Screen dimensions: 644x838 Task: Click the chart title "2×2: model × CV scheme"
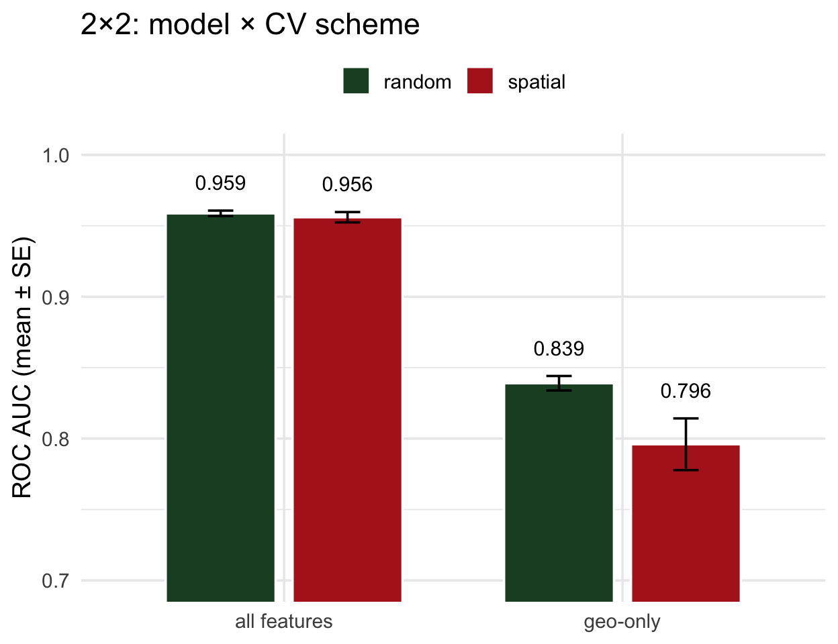pos(250,25)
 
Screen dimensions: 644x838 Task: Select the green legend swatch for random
pos(356,81)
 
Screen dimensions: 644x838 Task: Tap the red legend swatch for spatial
pos(480,81)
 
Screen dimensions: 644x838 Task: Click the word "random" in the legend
pos(417,83)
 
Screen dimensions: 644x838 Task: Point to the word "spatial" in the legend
pos(537,83)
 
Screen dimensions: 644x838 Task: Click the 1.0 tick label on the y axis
pos(56,156)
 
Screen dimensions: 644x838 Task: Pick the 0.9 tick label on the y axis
pos(56,297)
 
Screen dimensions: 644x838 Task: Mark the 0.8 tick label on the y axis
pos(56,439)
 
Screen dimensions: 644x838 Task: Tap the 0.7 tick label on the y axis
pos(56,581)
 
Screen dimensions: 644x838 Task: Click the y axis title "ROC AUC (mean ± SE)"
pos(23,368)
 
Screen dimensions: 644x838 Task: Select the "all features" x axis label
pos(283,622)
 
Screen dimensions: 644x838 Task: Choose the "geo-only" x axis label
pos(622,622)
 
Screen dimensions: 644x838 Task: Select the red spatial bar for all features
pos(347,410)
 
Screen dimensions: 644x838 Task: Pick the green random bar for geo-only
pos(559,493)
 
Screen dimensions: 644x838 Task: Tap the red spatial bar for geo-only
pos(686,523)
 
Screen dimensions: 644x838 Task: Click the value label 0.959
pos(220,183)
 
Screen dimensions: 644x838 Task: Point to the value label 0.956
pos(347,184)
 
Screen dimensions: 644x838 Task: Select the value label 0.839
pos(559,349)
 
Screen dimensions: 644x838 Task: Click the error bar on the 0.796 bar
pos(686,444)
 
